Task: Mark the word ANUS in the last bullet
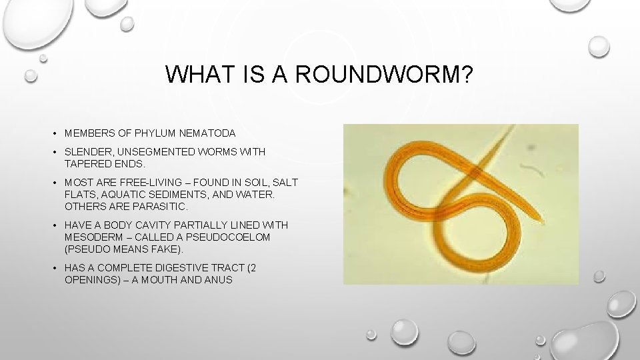tap(216, 279)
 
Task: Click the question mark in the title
tap(465, 75)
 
